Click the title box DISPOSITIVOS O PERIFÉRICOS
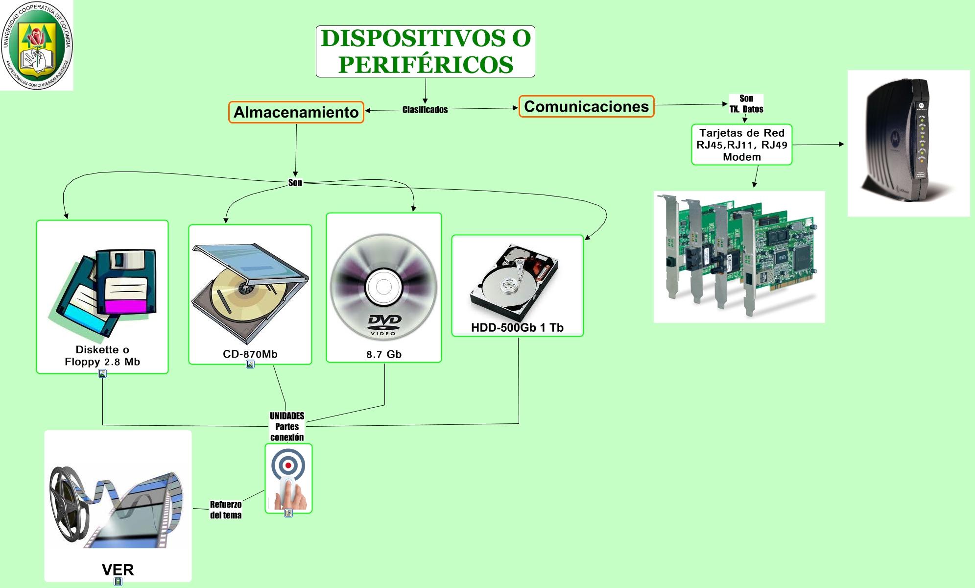(425, 51)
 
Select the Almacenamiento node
(296, 112)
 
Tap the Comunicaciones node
(586, 106)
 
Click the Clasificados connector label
(425, 110)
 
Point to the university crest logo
(37, 45)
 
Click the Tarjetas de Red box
(741, 145)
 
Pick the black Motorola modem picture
(908, 143)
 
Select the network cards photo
(739, 257)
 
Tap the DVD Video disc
(383, 287)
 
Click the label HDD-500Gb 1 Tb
(517, 328)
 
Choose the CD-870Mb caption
(250, 354)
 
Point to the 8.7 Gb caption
(383, 354)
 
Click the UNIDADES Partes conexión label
(287, 426)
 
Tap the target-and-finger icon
(288, 478)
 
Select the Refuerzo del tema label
(226, 510)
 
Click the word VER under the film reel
(118, 570)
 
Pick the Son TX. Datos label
(746, 104)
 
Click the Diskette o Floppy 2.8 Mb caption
(102, 356)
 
